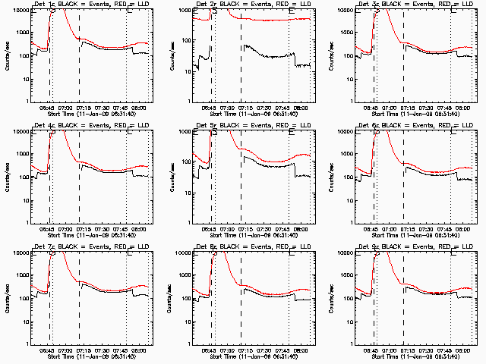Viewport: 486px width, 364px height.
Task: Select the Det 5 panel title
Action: coord(253,125)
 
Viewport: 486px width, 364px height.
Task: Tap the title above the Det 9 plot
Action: coord(415,246)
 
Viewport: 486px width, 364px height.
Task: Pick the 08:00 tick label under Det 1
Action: coord(140,107)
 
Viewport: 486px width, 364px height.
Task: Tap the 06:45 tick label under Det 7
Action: coord(46,350)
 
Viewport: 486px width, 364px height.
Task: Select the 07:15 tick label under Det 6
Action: coord(409,228)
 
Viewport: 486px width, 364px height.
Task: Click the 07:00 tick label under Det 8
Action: coord(228,350)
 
